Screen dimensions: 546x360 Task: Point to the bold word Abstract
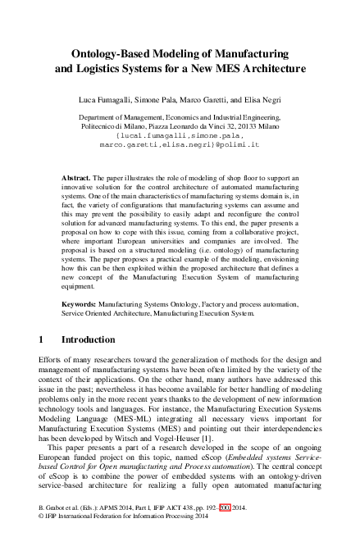(x=76, y=177)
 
